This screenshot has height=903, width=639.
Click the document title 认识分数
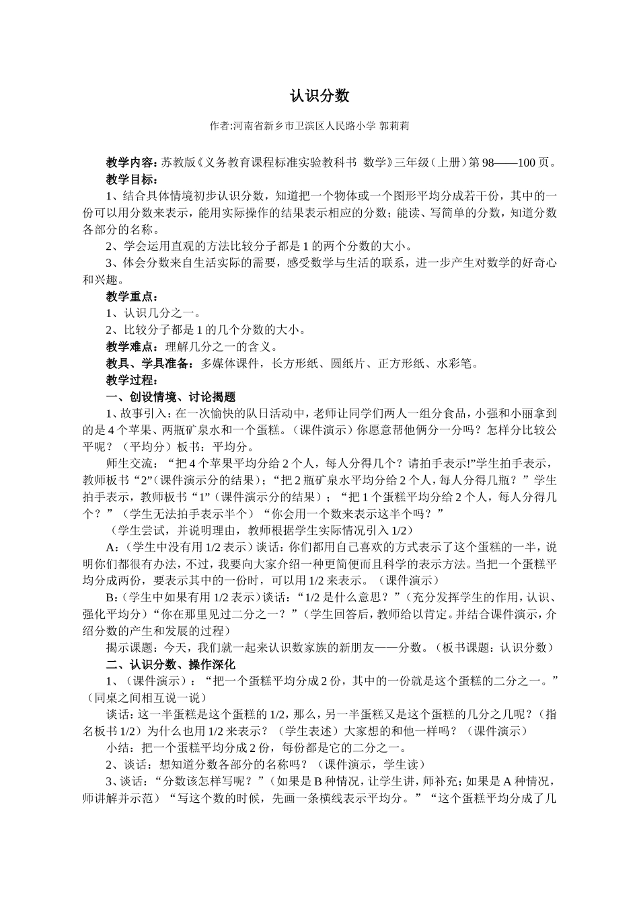[x=319, y=96]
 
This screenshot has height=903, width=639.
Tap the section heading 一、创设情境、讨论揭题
[x=171, y=397]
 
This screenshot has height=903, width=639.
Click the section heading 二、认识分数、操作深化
[x=171, y=664]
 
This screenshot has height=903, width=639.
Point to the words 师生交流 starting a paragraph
[x=128, y=464]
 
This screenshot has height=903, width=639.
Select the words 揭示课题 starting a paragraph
[x=128, y=648]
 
